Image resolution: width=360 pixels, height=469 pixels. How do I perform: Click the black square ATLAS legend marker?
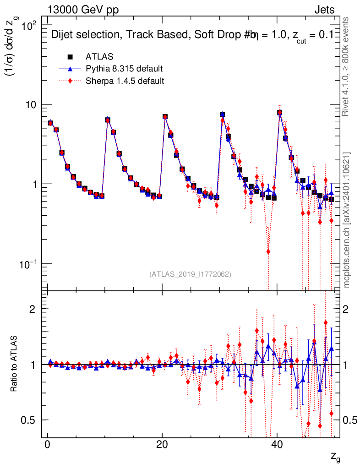pos(71,57)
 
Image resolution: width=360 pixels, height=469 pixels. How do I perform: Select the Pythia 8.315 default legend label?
pos(124,69)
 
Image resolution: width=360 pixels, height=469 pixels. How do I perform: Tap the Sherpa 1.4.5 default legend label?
pos(125,81)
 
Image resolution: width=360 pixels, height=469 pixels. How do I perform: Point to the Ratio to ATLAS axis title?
pos(15,364)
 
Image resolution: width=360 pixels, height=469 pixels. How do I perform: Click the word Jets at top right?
pos(324,10)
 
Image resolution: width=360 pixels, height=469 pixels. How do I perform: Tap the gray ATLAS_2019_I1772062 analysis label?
pos(190,274)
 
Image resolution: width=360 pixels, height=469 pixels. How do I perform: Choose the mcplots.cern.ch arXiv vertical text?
pos(347,220)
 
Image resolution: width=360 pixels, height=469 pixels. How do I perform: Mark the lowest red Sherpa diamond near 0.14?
pos(268,251)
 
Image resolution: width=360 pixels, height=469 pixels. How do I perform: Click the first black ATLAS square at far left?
pos(50,123)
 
